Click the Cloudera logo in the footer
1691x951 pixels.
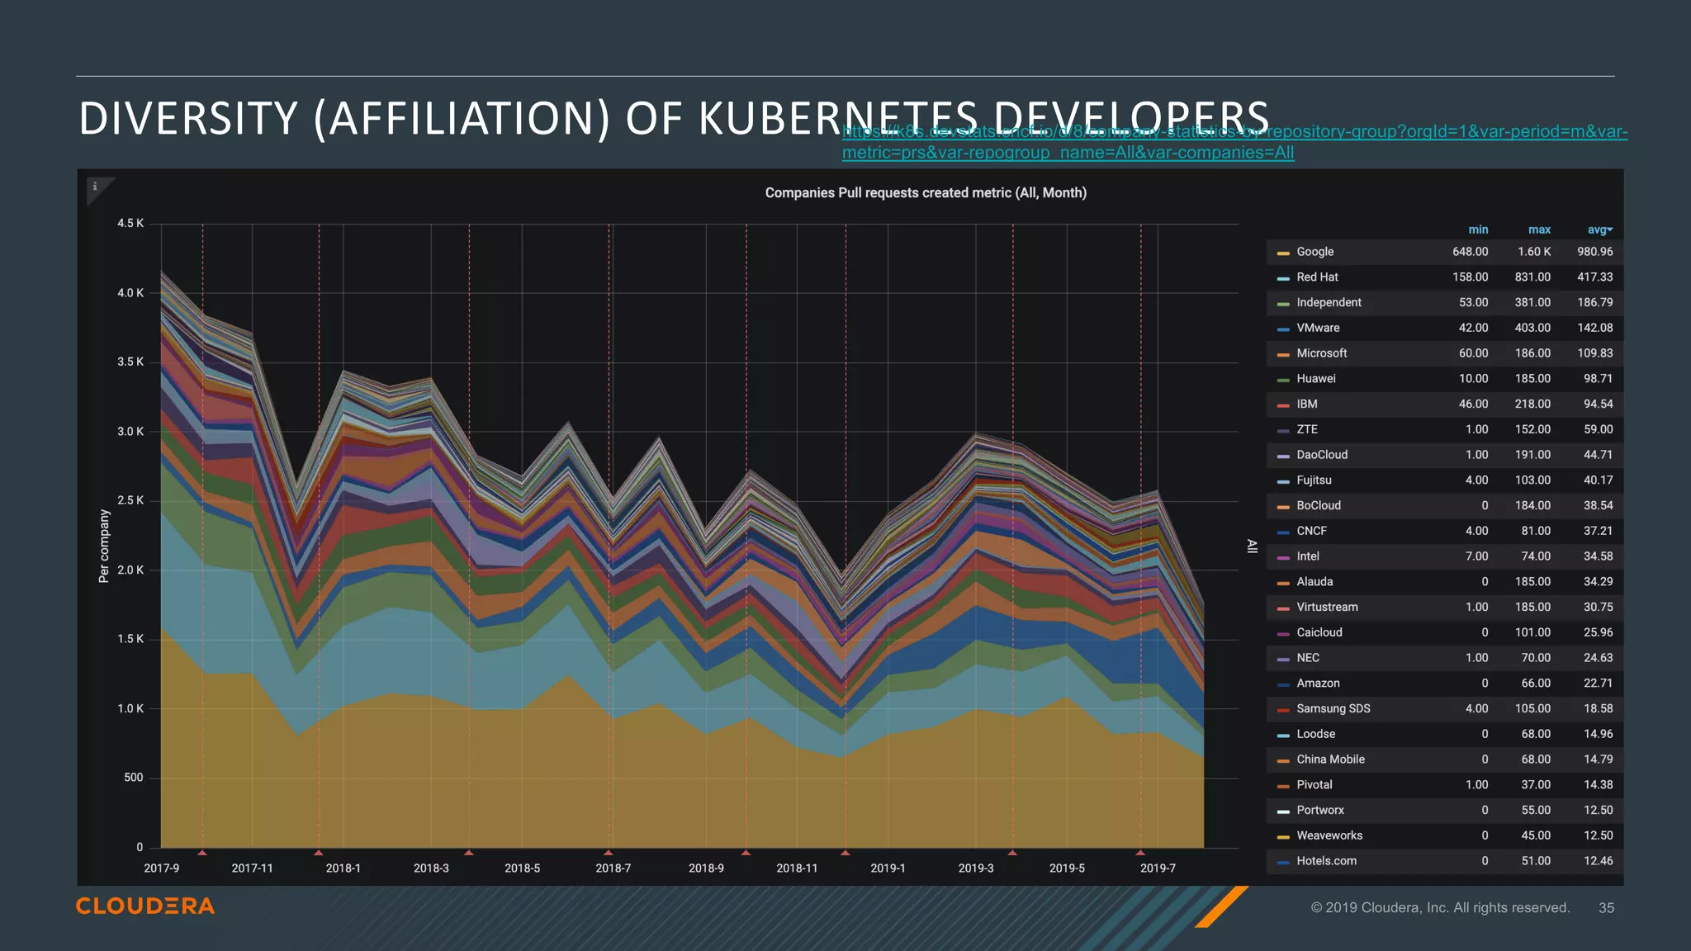tap(145, 906)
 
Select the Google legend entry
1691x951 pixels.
tap(1314, 252)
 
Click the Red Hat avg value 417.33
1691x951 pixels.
tap(1594, 277)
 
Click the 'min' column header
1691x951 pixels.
tap(1478, 229)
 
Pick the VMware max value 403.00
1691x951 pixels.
tap(1532, 328)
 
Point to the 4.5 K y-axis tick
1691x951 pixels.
tap(130, 224)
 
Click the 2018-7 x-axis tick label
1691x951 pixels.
tap(613, 868)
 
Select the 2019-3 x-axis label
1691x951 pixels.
tap(976, 868)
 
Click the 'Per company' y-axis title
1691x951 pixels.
tap(104, 546)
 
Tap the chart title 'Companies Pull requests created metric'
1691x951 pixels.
tap(925, 192)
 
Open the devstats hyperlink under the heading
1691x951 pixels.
tap(1234, 142)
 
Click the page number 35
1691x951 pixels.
tap(1606, 908)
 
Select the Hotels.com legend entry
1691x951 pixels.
tap(1326, 861)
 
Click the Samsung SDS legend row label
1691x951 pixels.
tap(1333, 708)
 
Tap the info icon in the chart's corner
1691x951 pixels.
tap(95, 187)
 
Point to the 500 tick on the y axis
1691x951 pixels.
tap(133, 778)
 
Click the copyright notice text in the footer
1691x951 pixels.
tap(1440, 908)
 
